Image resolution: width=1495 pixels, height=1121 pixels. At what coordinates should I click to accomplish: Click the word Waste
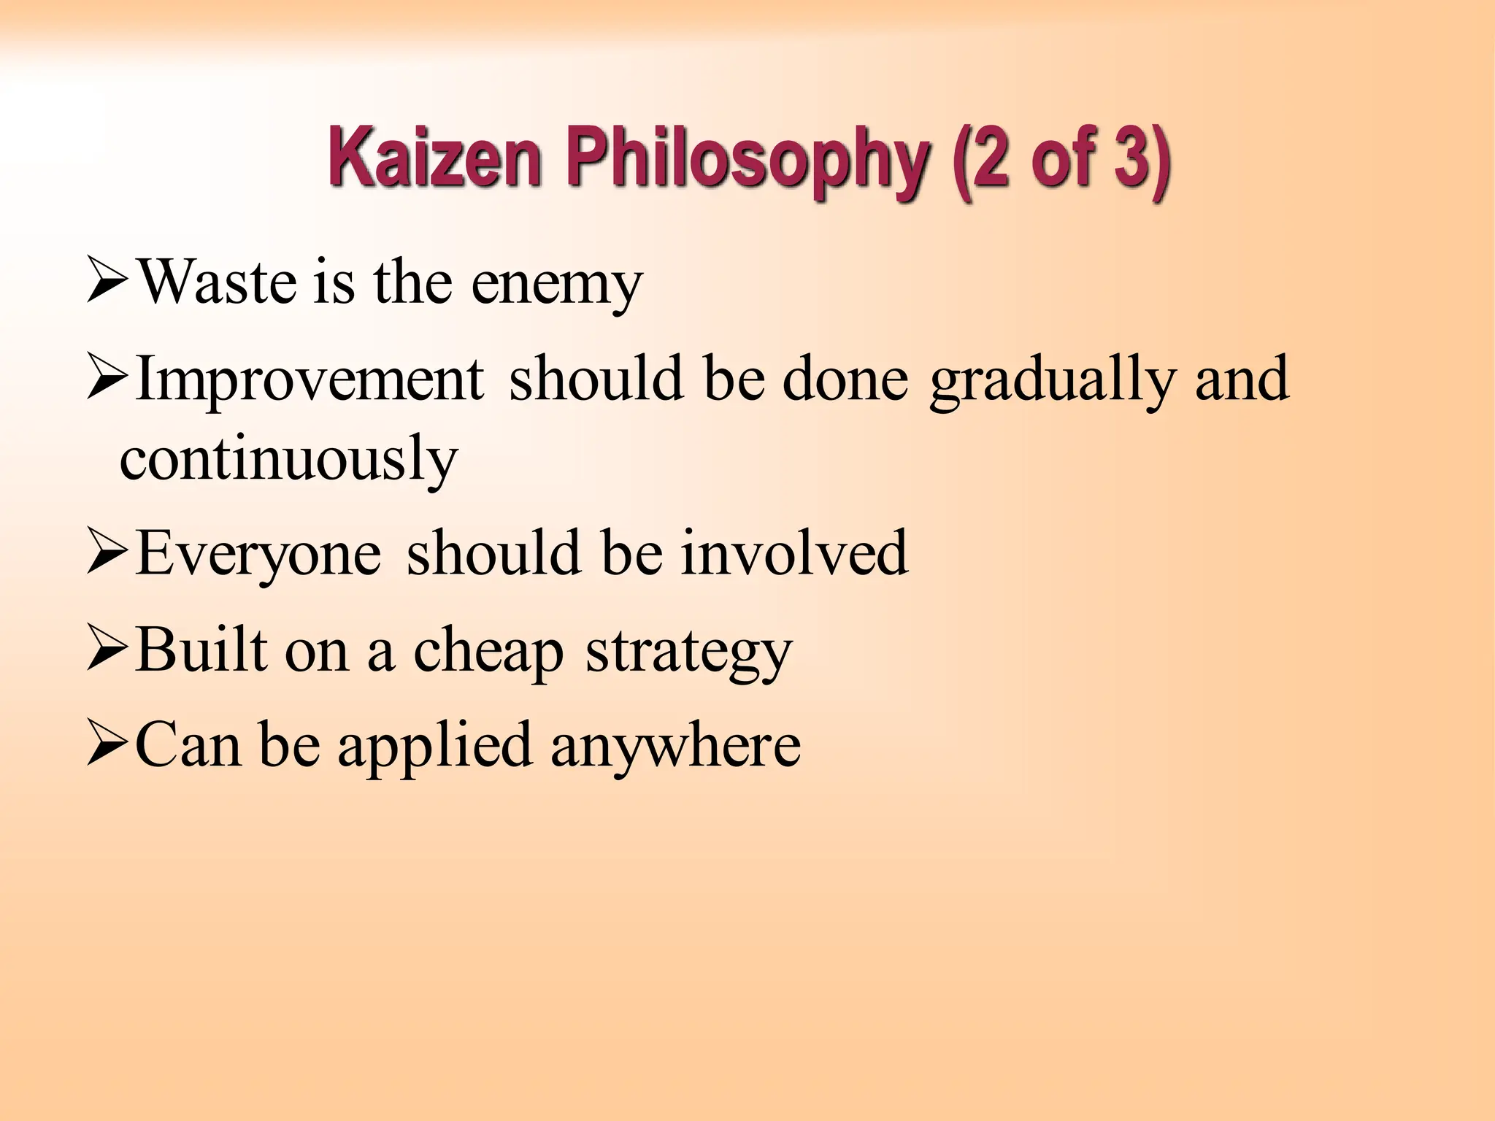[217, 283]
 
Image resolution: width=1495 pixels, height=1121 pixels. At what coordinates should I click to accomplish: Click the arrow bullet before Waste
[108, 281]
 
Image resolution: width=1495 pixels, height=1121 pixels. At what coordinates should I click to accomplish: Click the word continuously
[289, 460]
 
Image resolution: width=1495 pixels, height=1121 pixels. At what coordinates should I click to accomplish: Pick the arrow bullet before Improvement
[108, 380]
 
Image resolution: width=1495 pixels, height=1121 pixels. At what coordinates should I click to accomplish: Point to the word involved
[795, 553]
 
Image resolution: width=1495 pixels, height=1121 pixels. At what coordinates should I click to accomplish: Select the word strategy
[688, 652]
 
